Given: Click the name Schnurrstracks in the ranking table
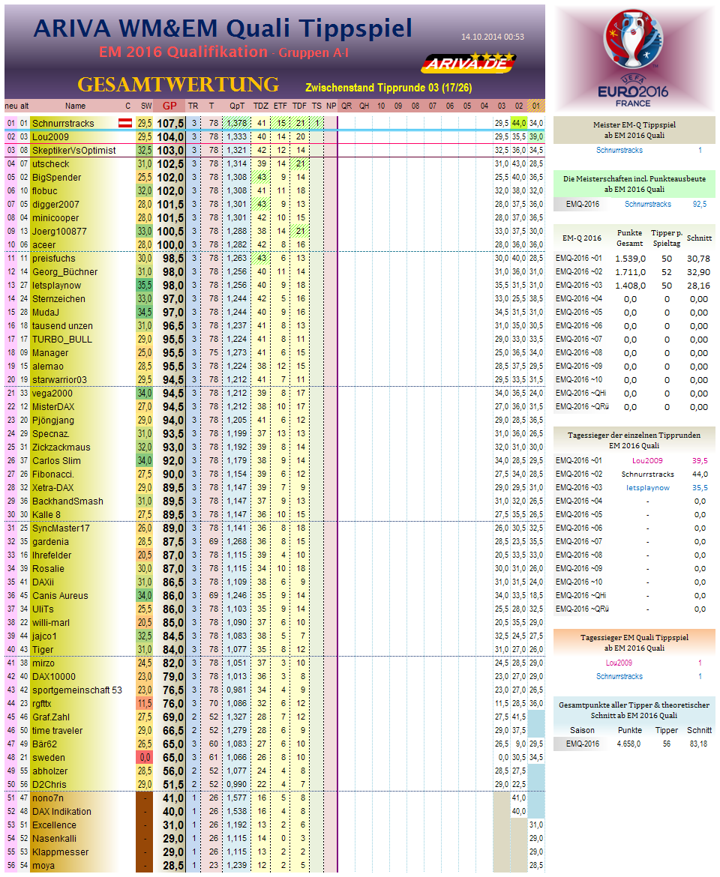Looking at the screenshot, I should point(63,123).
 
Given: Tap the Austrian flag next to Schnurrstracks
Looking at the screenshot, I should point(127,123).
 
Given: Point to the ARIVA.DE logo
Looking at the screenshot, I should point(468,63).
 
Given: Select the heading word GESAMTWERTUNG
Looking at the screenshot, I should point(178,84).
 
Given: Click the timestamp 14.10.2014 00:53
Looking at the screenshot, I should point(492,37).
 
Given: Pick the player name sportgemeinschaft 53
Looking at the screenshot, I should point(76,690).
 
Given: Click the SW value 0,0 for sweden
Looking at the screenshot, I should point(145,758).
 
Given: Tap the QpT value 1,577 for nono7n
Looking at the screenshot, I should point(237,798).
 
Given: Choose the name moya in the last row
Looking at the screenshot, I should point(43,866).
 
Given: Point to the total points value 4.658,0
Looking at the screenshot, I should point(628,744).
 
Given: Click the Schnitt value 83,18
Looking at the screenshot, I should point(698,744).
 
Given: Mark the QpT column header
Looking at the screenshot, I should point(237,106).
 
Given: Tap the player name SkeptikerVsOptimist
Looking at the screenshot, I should point(73,151).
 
